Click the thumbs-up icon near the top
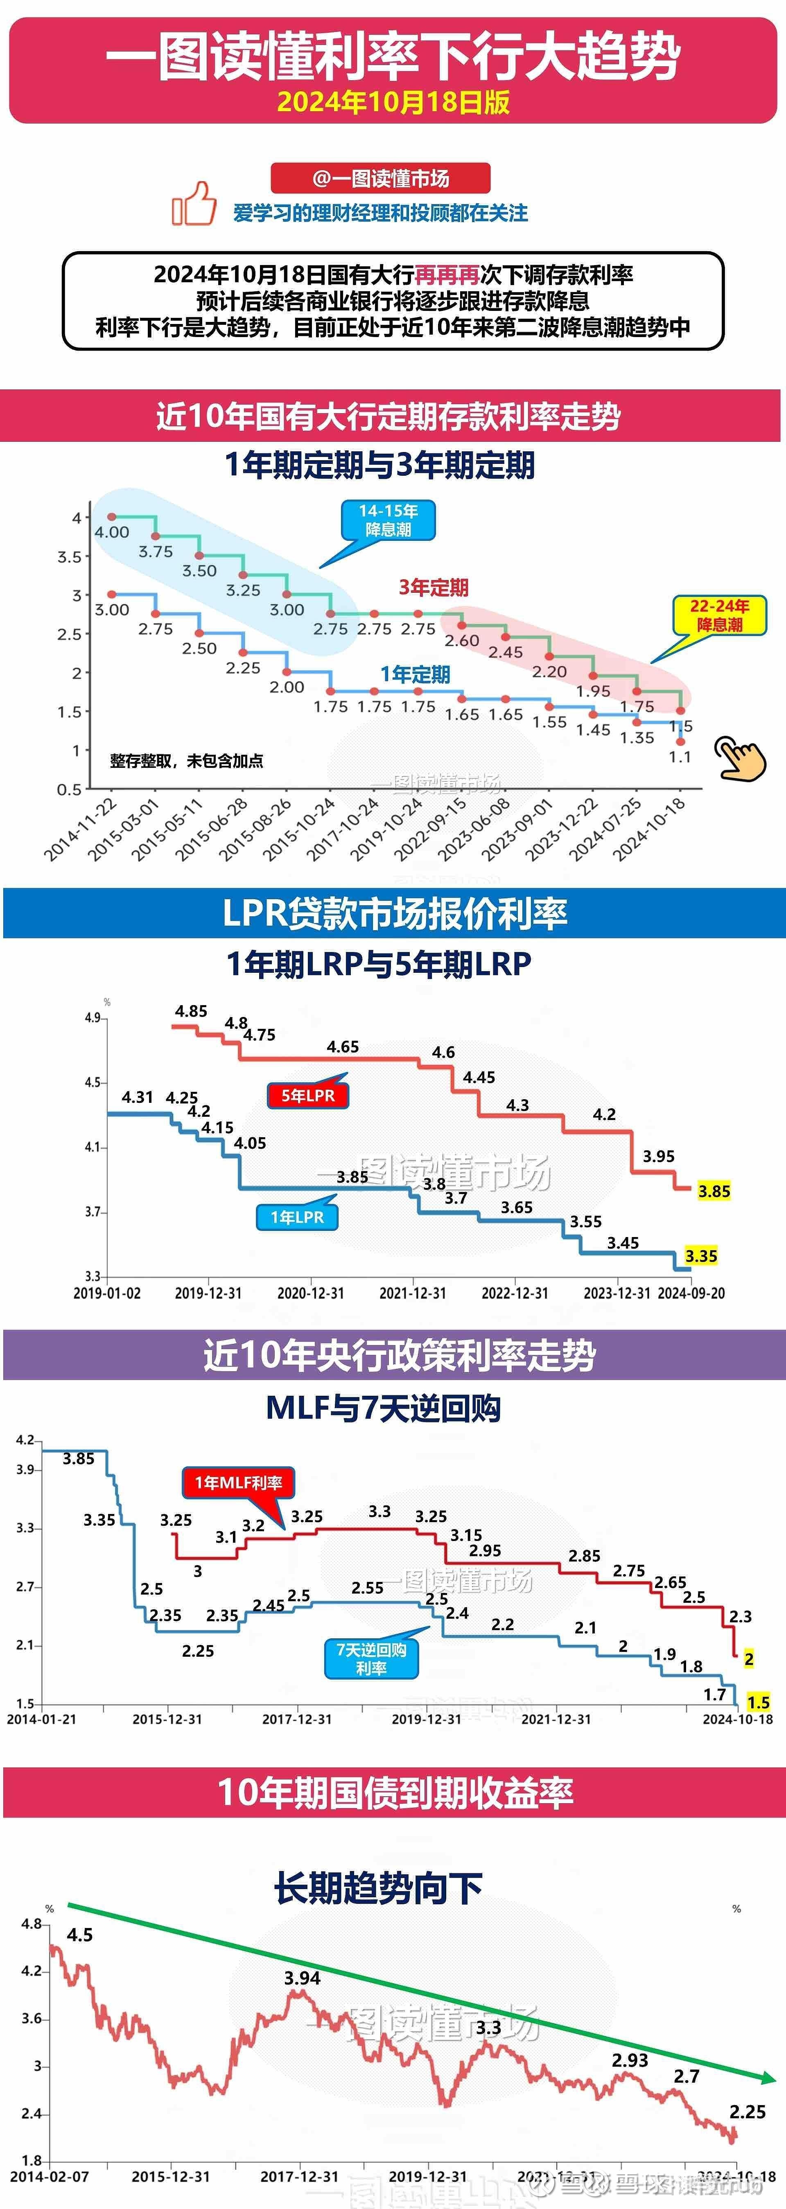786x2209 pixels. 194,204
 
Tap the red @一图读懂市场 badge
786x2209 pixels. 380,178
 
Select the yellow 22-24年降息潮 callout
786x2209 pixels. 719,615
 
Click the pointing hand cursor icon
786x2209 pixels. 740,758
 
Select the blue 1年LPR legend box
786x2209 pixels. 297,1217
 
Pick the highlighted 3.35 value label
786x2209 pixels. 701,1256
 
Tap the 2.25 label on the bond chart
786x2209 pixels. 748,2111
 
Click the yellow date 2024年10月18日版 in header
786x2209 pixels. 393,102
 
